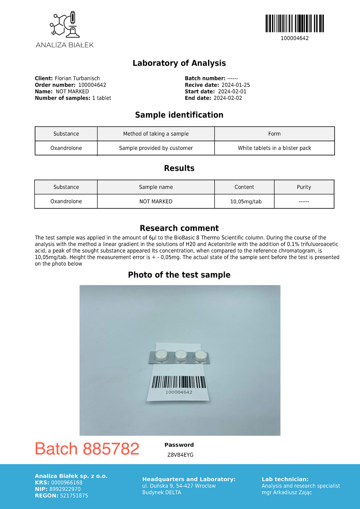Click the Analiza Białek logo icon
coord(64,25)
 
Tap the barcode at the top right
coord(294,23)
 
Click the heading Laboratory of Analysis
coord(179,63)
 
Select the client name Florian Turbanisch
coord(77,79)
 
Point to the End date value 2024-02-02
coord(228,98)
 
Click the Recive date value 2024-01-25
coord(235,85)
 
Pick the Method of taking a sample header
coord(156,134)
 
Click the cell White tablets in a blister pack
coord(274,148)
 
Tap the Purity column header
coord(304,187)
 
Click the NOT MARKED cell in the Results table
coord(156,202)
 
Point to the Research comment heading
coord(179,228)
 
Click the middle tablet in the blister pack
coord(181,354)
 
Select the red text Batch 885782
coord(87,449)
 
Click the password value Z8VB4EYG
coord(180,455)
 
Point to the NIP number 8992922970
coord(65,489)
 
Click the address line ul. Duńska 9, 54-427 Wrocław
coord(179,486)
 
